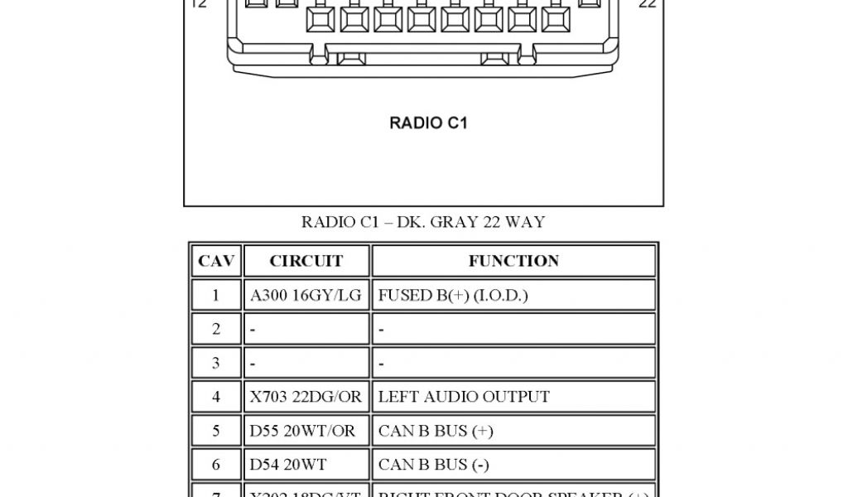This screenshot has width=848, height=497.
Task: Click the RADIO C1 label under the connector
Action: tap(428, 123)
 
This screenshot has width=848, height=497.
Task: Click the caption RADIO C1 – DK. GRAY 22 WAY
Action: tap(423, 222)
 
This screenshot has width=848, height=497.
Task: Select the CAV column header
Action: tap(216, 261)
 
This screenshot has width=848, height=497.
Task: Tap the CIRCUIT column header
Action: tap(306, 261)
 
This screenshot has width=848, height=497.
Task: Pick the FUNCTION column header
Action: tap(513, 261)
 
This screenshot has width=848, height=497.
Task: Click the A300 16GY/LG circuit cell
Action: tap(306, 295)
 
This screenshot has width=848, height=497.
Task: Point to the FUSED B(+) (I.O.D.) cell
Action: tap(513, 295)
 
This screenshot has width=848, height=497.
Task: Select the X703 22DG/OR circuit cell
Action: tap(306, 397)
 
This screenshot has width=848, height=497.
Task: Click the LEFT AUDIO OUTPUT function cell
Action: tap(513, 397)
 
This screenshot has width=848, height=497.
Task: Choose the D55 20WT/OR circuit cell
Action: tap(306, 431)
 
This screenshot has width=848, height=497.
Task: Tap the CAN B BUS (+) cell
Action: tap(513, 431)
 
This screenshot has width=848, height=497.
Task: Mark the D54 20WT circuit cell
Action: tap(306, 465)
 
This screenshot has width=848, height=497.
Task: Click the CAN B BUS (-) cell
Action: tap(513, 465)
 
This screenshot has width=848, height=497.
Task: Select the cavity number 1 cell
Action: tap(216, 295)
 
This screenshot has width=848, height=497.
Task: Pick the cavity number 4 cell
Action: tap(216, 397)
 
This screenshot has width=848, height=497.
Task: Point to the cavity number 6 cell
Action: tap(216, 465)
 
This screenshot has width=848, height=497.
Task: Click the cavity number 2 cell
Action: tap(216, 329)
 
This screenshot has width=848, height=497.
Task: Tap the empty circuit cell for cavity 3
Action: tap(306, 363)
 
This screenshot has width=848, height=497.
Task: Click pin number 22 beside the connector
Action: tap(648, 4)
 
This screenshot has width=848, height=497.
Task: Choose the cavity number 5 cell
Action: tap(216, 431)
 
